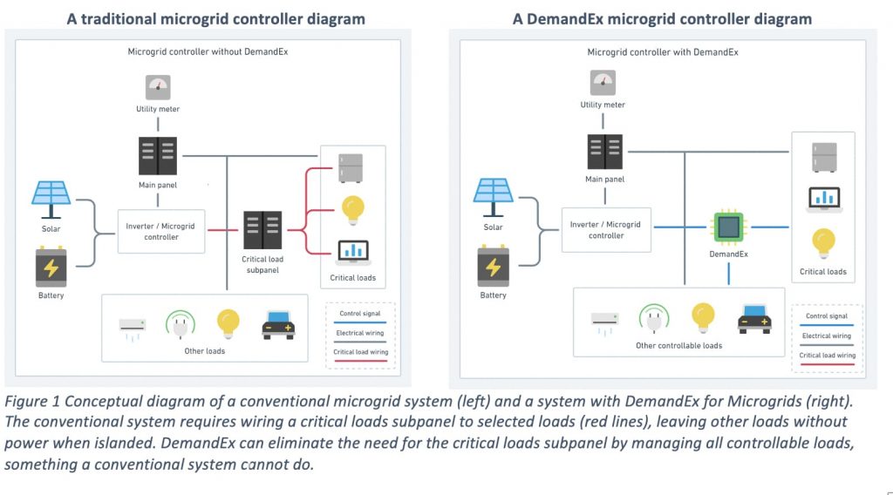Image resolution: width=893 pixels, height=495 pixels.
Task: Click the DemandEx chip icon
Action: [x=728, y=227]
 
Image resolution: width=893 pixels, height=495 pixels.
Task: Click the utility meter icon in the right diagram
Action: [x=603, y=83]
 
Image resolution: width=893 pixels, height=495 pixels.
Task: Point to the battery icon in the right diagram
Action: [x=493, y=266]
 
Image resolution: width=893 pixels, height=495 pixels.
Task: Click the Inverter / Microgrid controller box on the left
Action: [x=160, y=231]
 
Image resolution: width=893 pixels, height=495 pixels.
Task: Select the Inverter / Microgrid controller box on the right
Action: [x=605, y=229]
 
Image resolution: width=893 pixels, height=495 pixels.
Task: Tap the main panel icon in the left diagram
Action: [x=158, y=156]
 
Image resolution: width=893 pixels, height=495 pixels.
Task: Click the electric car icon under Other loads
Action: [x=278, y=324]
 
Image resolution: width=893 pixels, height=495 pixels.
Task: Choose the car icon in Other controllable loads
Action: [x=754, y=318]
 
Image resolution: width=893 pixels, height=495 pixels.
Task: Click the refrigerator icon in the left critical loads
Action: [x=351, y=167]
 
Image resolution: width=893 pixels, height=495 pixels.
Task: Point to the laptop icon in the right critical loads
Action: [x=823, y=199]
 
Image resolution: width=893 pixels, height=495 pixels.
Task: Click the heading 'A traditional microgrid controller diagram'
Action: [x=215, y=18]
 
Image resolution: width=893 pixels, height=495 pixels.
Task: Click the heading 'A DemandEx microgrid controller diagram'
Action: [x=662, y=18]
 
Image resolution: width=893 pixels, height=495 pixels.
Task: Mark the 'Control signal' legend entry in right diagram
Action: [x=827, y=317]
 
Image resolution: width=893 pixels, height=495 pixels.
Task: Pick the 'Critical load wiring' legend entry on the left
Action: [x=361, y=351]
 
